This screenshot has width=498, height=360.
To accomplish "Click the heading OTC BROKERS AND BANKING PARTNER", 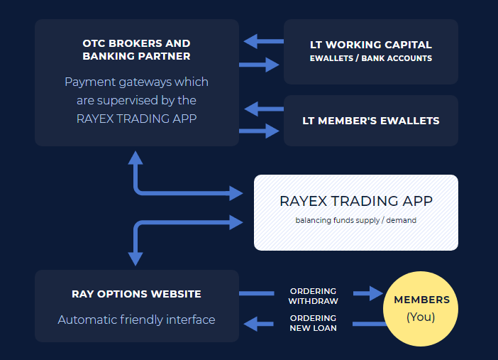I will tap(136, 50).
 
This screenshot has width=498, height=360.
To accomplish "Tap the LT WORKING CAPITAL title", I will tap(370, 45).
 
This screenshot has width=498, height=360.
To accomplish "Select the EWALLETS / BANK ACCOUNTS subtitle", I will tap(370, 58).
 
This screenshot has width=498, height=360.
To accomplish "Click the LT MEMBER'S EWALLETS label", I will tap(371, 121).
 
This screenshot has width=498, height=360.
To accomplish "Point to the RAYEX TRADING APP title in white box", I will tap(356, 201).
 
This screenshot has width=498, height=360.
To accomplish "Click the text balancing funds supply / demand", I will tap(356, 220).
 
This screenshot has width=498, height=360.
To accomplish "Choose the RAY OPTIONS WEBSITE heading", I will tap(136, 294).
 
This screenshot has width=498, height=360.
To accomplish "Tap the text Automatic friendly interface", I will tap(136, 320).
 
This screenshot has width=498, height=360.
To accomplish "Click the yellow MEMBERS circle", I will tap(421, 308).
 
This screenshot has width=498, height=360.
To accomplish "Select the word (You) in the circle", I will tap(421, 317).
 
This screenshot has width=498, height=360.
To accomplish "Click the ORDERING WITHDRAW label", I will tap(313, 296).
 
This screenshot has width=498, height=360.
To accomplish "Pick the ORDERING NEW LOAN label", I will tap(313, 322).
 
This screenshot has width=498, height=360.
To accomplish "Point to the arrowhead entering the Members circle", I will tap(373, 293).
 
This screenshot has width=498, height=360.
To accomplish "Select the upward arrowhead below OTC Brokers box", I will tap(135, 158).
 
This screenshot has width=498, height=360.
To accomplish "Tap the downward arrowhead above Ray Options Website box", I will tap(135, 258).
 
